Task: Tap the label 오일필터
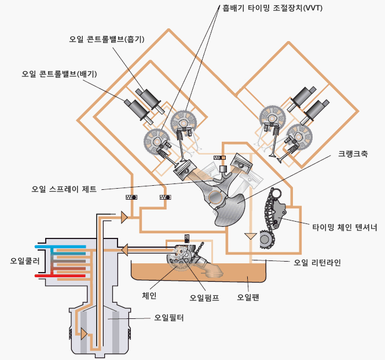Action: tap(167, 318)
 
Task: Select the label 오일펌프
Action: tap(205, 298)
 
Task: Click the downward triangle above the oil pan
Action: tap(250, 236)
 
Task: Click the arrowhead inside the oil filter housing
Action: tap(85, 334)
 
